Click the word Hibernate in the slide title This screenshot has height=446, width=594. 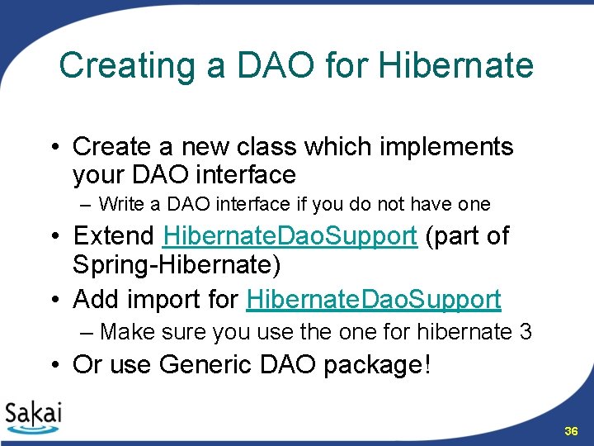point(455,65)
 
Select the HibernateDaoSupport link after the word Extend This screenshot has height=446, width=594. point(290,237)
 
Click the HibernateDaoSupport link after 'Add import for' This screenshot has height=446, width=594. point(374,301)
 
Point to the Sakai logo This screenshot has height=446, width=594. point(33,417)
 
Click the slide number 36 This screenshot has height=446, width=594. point(571,431)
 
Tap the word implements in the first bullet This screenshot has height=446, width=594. point(446,148)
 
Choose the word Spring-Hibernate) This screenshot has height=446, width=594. point(177,265)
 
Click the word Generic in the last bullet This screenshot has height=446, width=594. point(205,364)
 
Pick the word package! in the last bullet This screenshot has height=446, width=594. point(377,366)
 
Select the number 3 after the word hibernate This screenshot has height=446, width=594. point(526,331)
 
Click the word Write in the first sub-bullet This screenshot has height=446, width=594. point(121,204)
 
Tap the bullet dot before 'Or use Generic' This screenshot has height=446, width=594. point(55,365)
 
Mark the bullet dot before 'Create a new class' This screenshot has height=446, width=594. point(55,147)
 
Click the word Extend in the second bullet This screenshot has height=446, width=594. point(113,235)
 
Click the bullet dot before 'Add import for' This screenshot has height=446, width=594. point(55,300)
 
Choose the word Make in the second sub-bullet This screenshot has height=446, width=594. point(127,331)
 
